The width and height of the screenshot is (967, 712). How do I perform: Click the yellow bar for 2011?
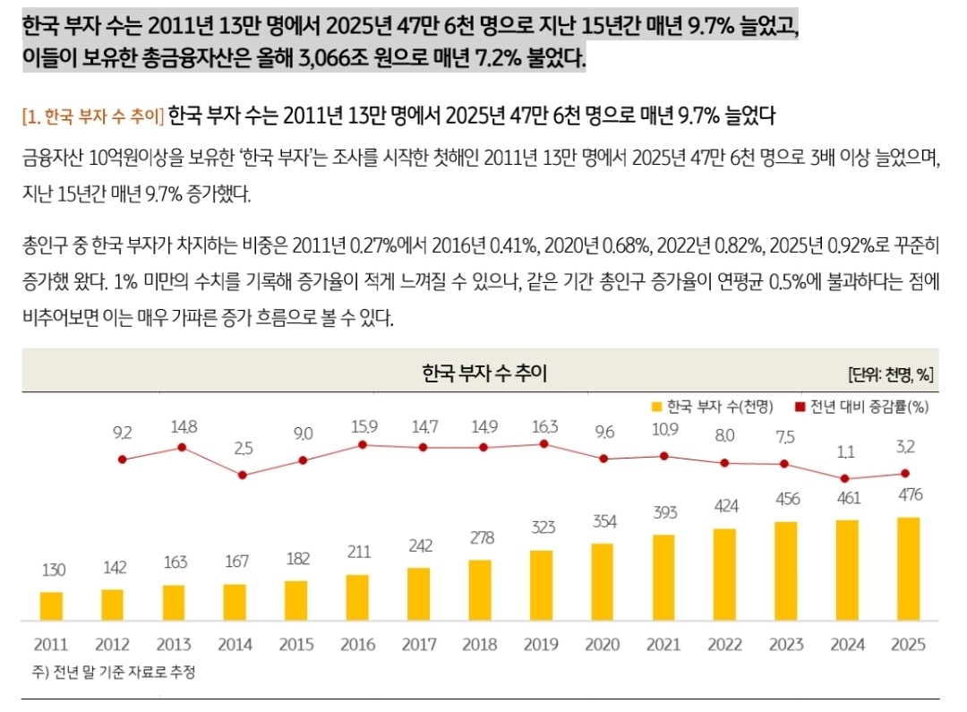pyautogui.click(x=52, y=605)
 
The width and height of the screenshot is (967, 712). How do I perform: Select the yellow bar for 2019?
pyautogui.click(x=542, y=585)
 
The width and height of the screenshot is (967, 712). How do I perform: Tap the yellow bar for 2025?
pyautogui.click(x=908, y=569)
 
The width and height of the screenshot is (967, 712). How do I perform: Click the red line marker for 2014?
pyautogui.click(x=242, y=475)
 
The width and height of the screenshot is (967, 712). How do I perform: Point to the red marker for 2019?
pyautogui.click(x=543, y=444)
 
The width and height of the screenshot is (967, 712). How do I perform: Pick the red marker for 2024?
pyautogui.click(x=845, y=479)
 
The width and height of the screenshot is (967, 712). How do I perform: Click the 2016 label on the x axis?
pyautogui.click(x=357, y=644)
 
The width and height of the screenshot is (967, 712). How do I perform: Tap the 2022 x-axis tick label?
pyautogui.click(x=724, y=644)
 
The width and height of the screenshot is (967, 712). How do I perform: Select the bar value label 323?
pyautogui.click(x=543, y=528)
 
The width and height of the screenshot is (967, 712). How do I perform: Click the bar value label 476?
pyautogui.click(x=909, y=494)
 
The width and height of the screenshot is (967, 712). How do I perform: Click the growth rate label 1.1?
pyautogui.click(x=845, y=453)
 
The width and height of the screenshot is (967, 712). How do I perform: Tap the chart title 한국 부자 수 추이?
pyautogui.click(x=483, y=373)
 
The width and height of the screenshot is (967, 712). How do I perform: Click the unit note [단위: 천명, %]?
pyautogui.click(x=891, y=374)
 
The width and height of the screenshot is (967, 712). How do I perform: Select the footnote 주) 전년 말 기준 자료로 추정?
pyautogui.click(x=112, y=672)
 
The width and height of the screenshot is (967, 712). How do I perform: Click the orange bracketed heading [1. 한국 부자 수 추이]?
pyautogui.click(x=92, y=116)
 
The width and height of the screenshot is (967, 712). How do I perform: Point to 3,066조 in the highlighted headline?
pyautogui.click(x=321, y=60)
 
